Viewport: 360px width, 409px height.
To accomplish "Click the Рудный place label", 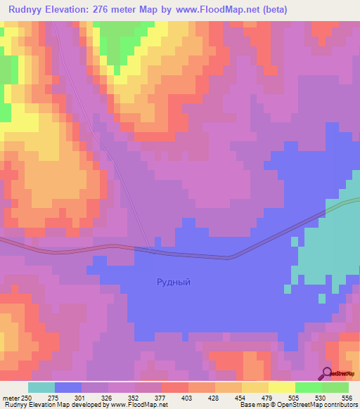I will click(x=173, y=282).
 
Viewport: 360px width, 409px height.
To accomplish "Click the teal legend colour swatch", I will click(x=41, y=387).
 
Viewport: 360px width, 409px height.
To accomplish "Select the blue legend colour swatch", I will click(x=68, y=387).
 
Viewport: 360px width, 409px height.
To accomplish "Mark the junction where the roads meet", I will click(x=148, y=249).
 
